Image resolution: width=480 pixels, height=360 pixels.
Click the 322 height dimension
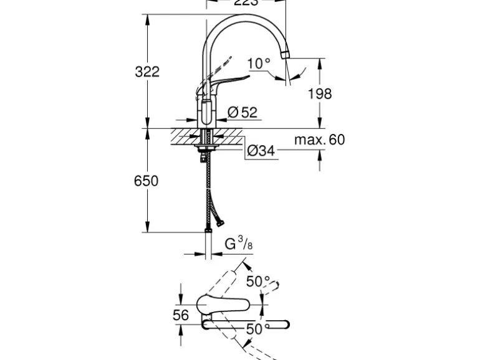[x=147, y=72]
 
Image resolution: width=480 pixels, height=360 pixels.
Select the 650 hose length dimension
[x=147, y=181]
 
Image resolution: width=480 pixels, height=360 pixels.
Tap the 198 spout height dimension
[x=320, y=94]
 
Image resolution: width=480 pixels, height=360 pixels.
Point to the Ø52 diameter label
[x=242, y=112]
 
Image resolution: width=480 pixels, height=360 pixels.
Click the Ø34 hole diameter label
[x=261, y=151]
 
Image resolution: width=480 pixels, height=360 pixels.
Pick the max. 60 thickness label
[x=320, y=140]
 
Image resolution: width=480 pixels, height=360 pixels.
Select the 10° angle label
[x=259, y=63]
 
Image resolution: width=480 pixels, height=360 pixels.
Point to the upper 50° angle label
[x=257, y=282]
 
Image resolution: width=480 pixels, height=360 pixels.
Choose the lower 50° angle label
[x=257, y=329]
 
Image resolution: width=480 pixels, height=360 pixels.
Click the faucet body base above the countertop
[x=207, y=115]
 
